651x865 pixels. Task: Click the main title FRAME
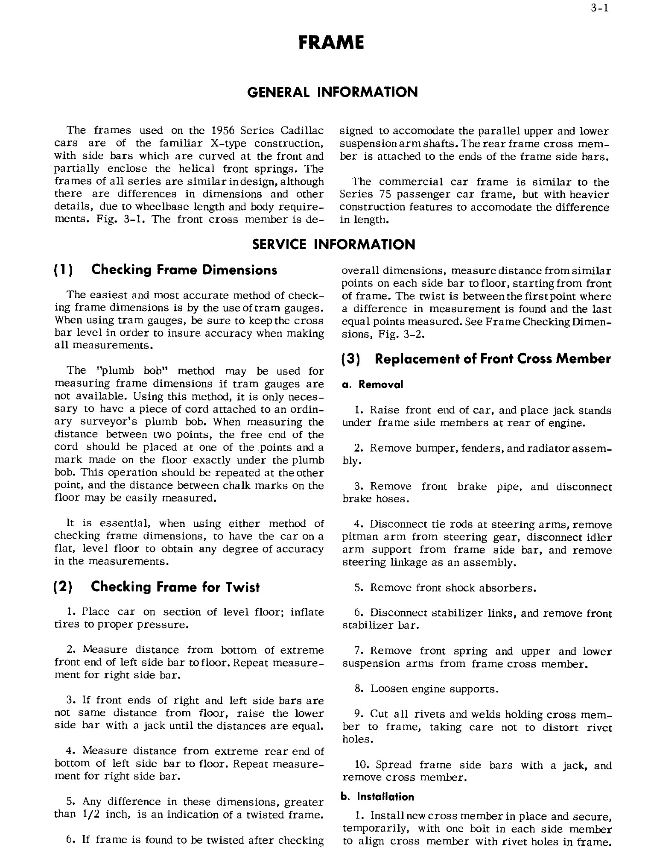pos(331,42)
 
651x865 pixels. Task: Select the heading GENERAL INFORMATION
pos(333,92)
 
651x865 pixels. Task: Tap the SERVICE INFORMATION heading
pos(333,244)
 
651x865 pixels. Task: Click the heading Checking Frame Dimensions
pos(184,270)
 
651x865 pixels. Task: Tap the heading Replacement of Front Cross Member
pos(492,359)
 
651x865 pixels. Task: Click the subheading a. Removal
pos(373,384)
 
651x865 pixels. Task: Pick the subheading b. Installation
pos(377,797)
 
